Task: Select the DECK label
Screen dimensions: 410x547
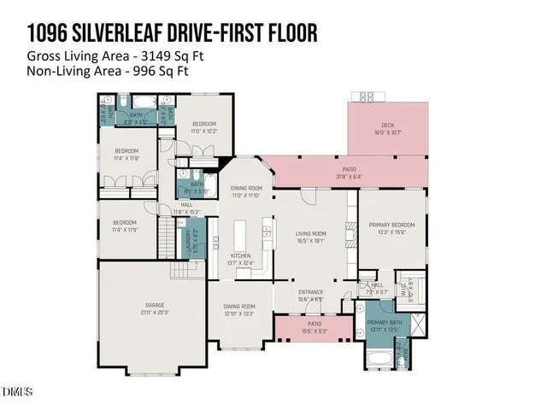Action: click(x=388, y=126)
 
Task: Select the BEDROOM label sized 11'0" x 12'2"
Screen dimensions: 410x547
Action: click(x=203, y=124)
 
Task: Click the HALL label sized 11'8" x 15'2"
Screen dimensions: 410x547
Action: click(x=187, y=205)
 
